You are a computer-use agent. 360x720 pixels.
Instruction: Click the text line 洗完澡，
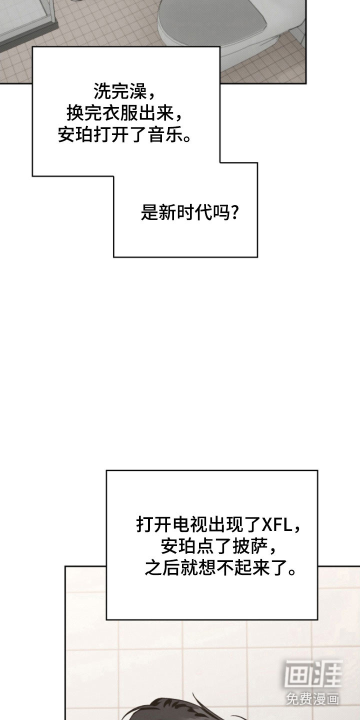pos(124,91)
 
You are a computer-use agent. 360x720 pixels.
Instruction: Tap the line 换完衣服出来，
pos(124,113)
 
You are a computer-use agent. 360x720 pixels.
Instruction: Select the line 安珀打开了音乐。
pos(124,134)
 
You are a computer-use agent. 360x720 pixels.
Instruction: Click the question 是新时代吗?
pos(190,212)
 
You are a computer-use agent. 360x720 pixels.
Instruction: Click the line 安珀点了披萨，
pos(218,546)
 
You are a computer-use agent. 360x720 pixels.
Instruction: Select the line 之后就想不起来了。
pos(220,568)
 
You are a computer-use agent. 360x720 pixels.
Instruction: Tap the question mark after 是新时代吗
pos(235,212)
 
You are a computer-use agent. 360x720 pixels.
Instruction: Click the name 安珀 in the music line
pos(75,134)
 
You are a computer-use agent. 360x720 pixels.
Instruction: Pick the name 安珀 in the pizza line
pos(178,546)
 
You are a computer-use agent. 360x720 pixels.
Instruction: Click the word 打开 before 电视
pos(154,525)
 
